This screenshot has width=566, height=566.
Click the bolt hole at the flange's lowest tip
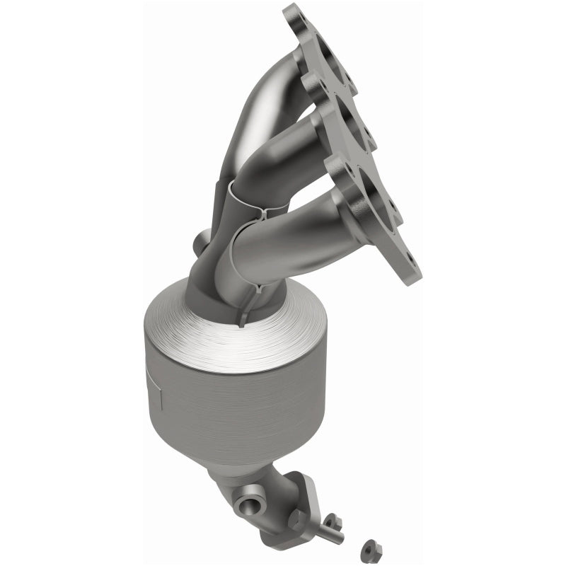click(408, 270)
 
